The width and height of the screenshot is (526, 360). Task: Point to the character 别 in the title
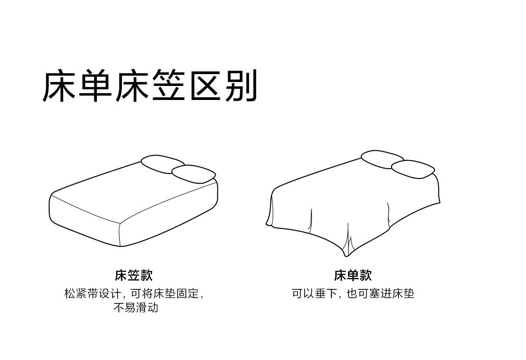coord(241,86)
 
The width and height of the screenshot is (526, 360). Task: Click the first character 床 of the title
coord(60,86)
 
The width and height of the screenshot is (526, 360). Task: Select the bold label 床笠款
coord(134,275)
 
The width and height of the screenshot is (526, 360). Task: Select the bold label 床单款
coord(352,275)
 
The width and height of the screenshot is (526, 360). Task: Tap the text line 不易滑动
coord(135,307)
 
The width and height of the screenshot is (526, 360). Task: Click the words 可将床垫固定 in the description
coord(164,293)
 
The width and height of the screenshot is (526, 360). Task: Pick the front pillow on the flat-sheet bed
coord(413,169)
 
